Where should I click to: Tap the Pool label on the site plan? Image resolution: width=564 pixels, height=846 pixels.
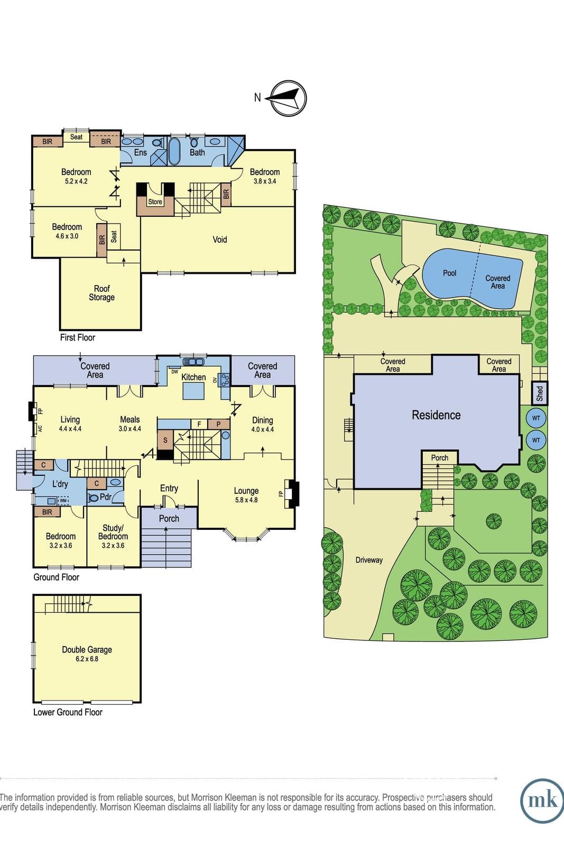tap(450, 273)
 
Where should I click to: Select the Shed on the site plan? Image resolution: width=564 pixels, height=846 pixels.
tap(540, 393)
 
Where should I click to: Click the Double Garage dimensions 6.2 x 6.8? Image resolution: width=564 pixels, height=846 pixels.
tap(87, 659)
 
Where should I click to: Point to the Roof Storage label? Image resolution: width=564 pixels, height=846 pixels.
tap(101, 293)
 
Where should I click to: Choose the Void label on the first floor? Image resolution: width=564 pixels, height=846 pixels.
tap(220, 240)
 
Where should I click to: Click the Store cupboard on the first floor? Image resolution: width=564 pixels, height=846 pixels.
tap(155, 202)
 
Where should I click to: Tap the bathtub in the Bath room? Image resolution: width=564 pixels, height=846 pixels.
tap(174, 151)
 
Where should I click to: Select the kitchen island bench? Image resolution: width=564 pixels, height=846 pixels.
tap(194, 391)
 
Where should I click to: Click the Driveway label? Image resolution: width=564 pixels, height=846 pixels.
tap(369, 560)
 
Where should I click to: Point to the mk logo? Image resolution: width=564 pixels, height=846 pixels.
tap(542, 801)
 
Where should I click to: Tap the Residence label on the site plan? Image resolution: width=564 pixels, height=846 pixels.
tap(436, 415)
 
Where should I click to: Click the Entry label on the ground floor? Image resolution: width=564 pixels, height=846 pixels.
tap(169, 489)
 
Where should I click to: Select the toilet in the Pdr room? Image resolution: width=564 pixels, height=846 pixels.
tap(93, 498)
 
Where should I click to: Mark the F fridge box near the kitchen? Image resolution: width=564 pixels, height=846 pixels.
tap(199, 424)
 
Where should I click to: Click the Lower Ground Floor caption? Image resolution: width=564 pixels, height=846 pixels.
tap(68, 712)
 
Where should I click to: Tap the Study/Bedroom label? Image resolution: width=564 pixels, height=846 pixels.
tap(113, 532)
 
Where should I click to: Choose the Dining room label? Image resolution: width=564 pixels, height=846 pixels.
tap(262, 420)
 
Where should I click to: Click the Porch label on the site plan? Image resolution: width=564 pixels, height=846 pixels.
tap(440, 458)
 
